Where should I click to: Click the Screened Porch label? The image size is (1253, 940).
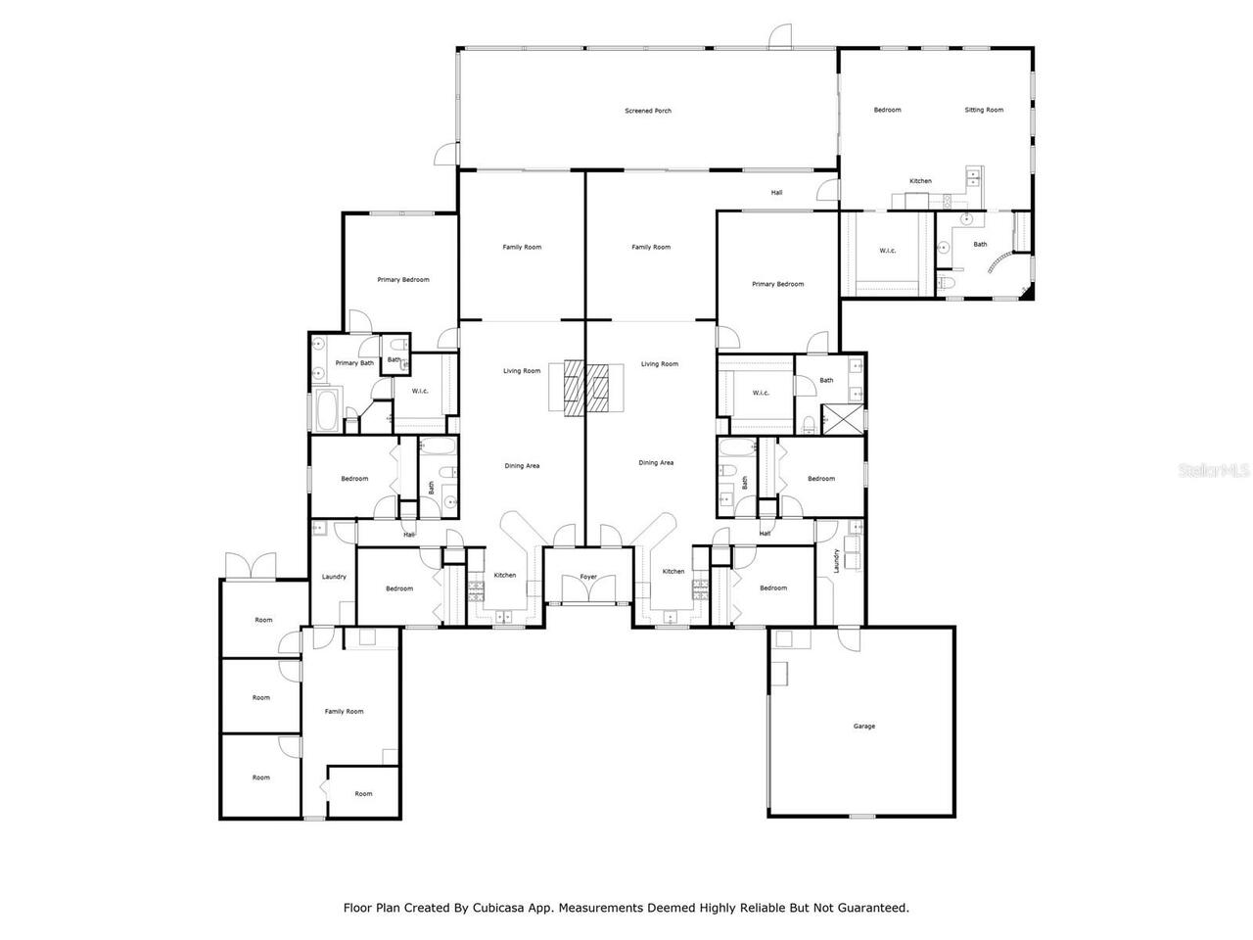[x=648, y=111]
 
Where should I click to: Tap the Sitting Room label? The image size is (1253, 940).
[x=984, y=110]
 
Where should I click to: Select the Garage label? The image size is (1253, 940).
[x=863, y=726]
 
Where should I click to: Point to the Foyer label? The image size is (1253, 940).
[x=588, y=577]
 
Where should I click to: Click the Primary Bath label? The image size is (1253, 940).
[x=354, y=363]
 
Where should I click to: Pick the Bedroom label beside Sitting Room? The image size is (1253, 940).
[x=887, y=110]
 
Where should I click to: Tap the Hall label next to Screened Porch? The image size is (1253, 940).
[x=776, y=193]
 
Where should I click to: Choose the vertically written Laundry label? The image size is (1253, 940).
[x=837, y=561]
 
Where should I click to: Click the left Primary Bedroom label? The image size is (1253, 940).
[x=403, y=280]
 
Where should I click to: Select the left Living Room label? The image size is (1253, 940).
[x=522, y=371]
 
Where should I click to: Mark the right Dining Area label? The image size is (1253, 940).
[x=656, y=462]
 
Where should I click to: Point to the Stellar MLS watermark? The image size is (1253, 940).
[x=1215, y=470]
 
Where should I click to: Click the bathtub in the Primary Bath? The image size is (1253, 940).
[x=326, y=411]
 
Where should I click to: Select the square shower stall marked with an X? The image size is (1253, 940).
[x=843, y=419]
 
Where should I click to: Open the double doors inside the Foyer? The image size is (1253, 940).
[x=588, y=590]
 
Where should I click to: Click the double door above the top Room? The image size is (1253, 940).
[x=251, y=566]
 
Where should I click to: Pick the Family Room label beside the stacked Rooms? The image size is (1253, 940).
[x=344, y=712]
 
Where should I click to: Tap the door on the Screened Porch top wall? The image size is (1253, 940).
[x=780, y=37]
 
